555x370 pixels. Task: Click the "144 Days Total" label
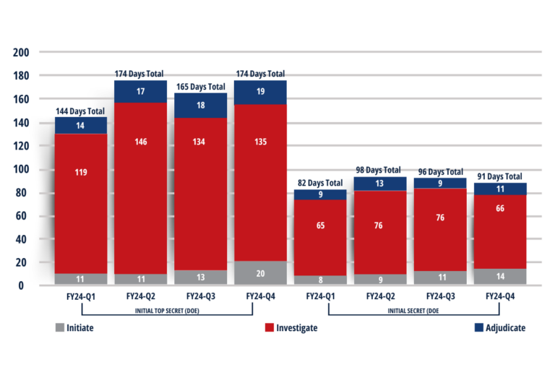[x=81, y=111]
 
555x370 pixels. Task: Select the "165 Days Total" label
[x=200, y=87]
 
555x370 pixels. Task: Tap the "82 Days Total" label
[x=320, y=183]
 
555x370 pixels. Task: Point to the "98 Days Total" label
[x=379, y=171]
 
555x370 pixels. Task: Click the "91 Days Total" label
[x=500, y=176]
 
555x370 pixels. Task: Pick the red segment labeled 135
[x=260, y=182]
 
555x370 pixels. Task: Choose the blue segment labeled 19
[x=260, y=92]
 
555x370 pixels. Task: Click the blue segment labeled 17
[x=140, y=91]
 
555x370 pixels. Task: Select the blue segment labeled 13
[x=379, y=184]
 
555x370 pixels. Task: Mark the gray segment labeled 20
[x=260, y=272]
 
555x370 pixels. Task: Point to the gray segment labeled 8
[x=320, y=280]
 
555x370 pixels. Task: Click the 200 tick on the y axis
[x=21, y=53]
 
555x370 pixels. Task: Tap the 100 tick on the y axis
[x=21, y=170]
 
